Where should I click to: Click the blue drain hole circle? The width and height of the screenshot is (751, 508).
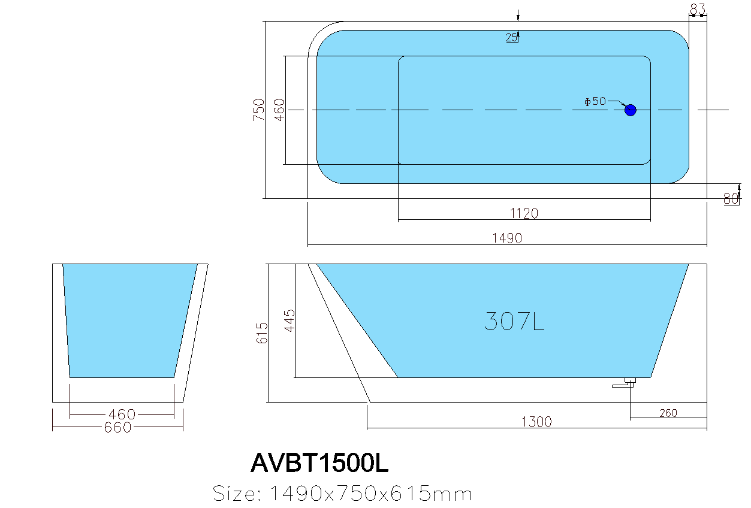pyautogui.click(x=630, y=110)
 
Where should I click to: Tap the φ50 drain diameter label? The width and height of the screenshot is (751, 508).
pyautogui.click(x=595, y=101)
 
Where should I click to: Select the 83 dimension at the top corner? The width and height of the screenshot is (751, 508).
pyautogui.click(x=698, y=9)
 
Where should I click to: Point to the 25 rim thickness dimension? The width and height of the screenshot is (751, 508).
pyautogui.click(x=512, y=38)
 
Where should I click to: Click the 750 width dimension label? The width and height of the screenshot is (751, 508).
pyautogui.click(x=259, y=110)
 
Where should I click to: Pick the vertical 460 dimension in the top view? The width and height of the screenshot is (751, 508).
pyautogui.click(x=279, y=110)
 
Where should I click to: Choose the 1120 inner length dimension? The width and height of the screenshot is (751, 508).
pyautogui.click(x=524, y=213)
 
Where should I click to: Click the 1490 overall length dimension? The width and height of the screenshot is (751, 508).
pyautogui.click(x=507, y=238)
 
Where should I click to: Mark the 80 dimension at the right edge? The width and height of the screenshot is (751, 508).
pyautogui.click(x=731, y=199)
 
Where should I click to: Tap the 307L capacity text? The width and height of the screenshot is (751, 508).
pyautogui.click(x=514, y=322)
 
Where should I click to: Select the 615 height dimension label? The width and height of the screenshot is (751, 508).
pyautogui.click(x=262, y=332)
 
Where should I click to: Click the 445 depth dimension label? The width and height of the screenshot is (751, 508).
pyautogui.click(x=289, y=321)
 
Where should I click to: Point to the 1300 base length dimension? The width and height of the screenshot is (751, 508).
pyautogui.click(x=536, y=422)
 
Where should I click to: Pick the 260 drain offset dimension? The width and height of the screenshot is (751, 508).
pyautogui.click(x=668, y=413)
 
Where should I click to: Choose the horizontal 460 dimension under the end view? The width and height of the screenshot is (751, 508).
pyautogui.click(x=122, y=414)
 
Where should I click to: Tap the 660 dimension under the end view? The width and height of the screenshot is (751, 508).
pyautogui.click(x=117, y=428)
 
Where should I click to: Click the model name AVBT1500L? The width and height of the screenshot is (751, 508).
pyautogui.click(x=320, y=462)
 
